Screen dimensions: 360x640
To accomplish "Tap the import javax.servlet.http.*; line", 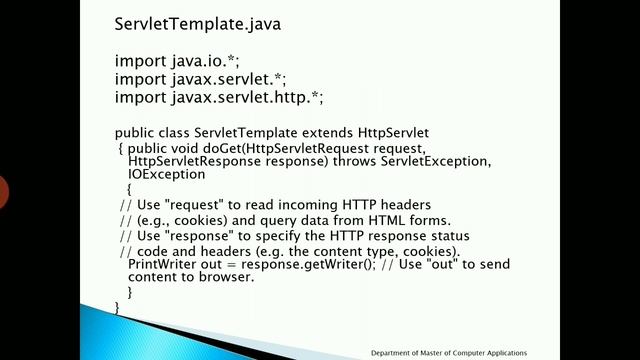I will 219,97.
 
